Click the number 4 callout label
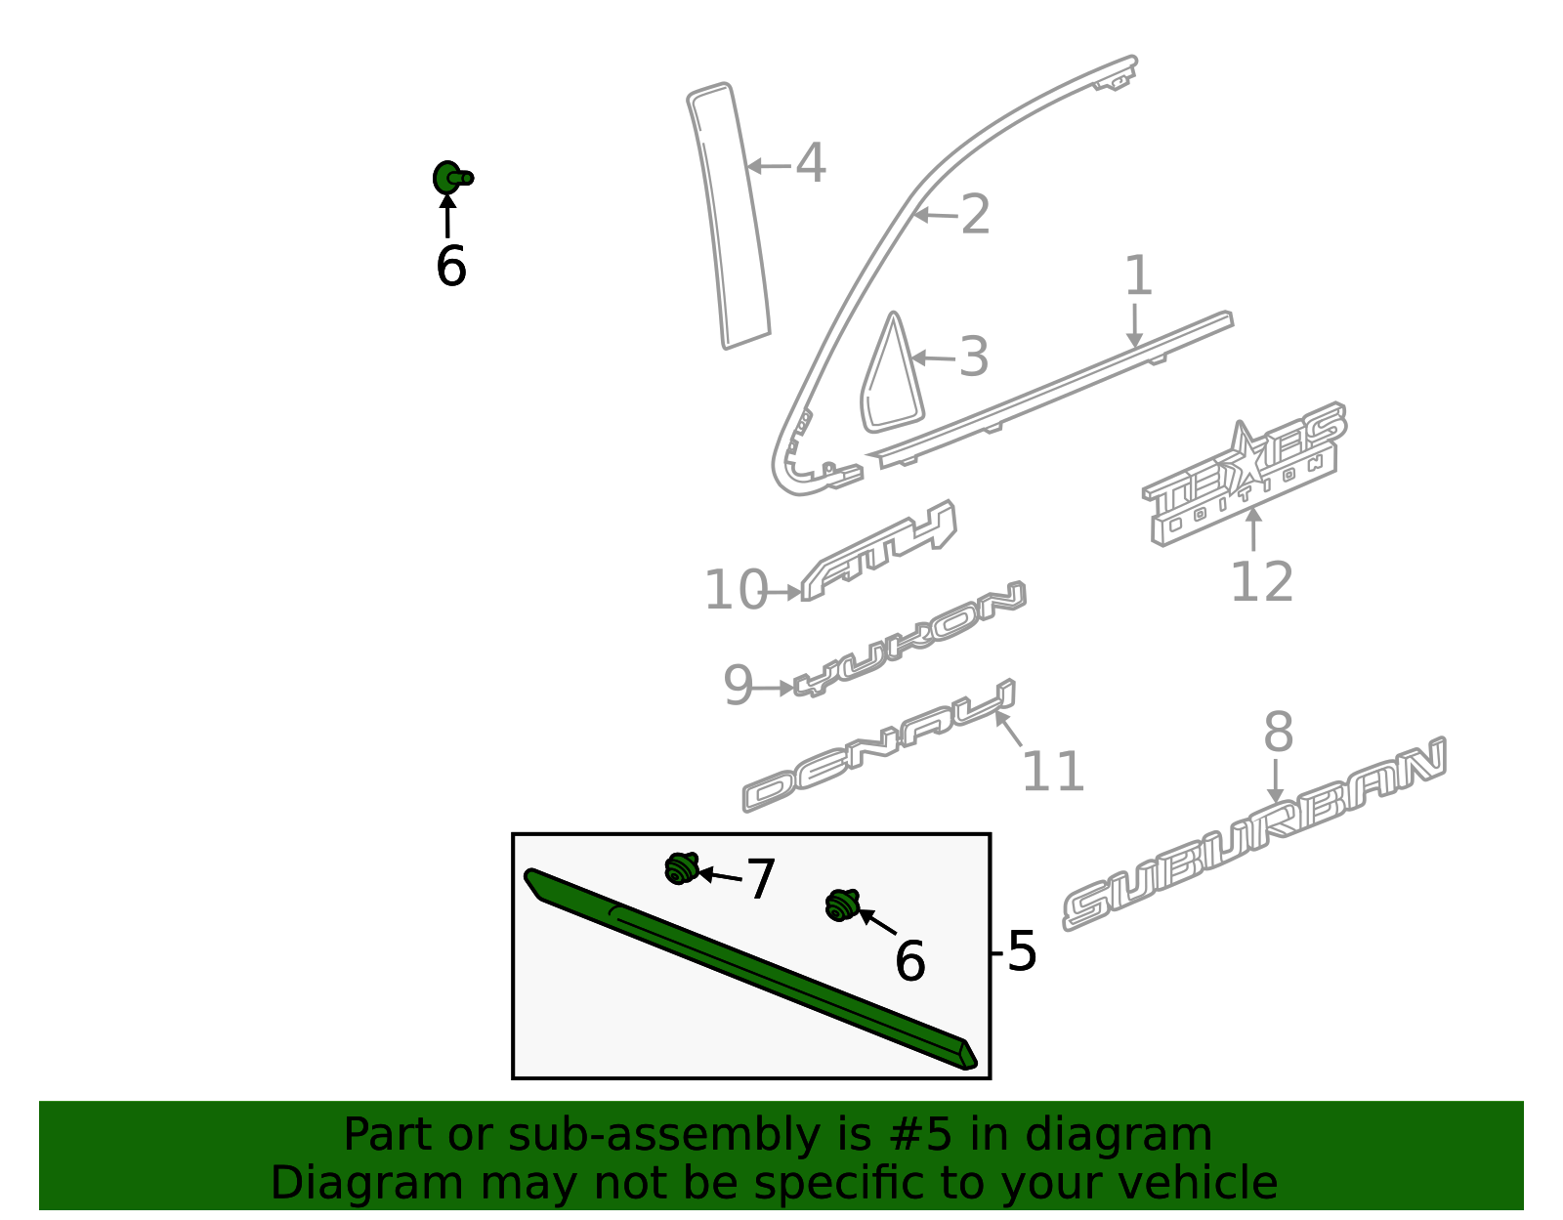[811, 163]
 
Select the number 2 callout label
[975, 215]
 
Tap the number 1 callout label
[1138, 276]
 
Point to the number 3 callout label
[973, 358]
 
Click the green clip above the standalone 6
[449, 178]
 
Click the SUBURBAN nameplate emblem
[1255, 835]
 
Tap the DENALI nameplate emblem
[879, 747]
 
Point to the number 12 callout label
[1261, 583]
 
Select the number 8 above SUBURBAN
[1278, 733]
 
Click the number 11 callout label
[1052, 773]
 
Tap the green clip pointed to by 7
[681, 867]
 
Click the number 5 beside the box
[1021, 951]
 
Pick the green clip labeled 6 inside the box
[841, 904]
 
